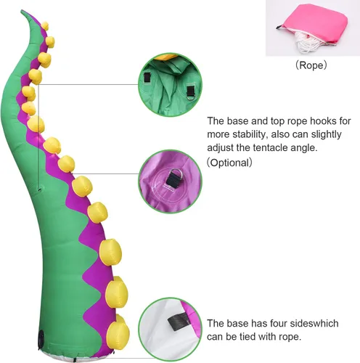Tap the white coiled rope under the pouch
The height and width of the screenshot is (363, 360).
pos(306,42)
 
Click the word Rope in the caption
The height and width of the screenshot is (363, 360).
pos(311,65)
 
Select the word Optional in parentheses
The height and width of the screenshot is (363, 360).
pos(229,163)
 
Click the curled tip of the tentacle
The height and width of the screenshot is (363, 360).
pos(24,13)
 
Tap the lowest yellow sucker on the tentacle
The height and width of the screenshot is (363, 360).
pos(118,332)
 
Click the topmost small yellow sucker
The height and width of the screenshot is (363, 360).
pos(45,26)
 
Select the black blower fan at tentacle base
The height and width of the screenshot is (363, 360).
pos(41,339)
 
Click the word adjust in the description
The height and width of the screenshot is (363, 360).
pos(220,148)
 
